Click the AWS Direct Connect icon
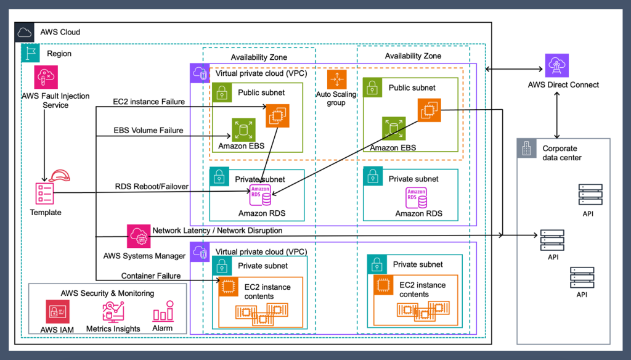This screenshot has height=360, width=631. click(x=557, y=65)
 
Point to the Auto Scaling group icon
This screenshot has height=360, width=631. click(x=336, y=80)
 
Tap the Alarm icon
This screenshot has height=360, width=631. click(x=163, y=312)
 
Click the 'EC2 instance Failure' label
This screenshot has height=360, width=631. click(x=149, y=101)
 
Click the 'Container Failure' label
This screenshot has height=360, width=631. click(x=151, y=276)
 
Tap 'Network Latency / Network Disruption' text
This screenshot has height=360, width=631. click(x=217, y=231)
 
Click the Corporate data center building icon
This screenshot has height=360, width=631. click(x=526, y=149)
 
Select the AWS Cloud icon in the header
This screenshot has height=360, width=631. click(x=25, y=32)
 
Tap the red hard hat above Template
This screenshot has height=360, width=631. click(x=60, y=176)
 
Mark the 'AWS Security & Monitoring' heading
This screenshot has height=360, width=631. click(x=107, y=293)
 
